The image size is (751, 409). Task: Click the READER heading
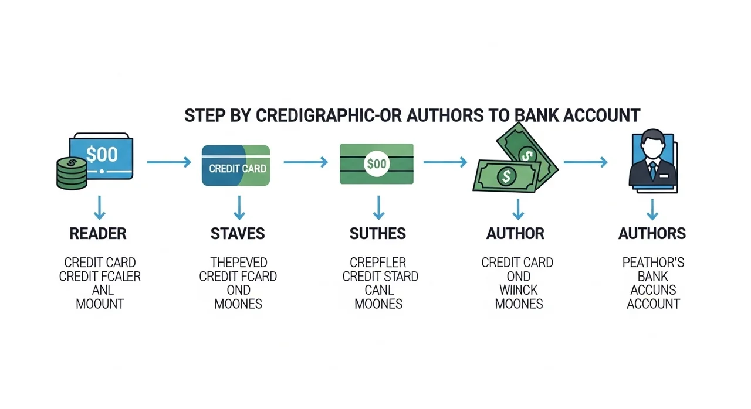[x=98, y=234]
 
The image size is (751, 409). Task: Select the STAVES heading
[x=238, y=234]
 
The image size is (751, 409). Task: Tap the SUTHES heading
[x=377, y=234]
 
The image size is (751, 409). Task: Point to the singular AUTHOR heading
[x=515, y=234]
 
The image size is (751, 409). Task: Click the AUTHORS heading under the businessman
[x=652, y=234]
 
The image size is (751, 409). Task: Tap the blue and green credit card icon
[x=236, y=166]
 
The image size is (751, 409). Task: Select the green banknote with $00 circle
[x=377, y=164]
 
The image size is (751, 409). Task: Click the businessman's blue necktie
[x=652, y=170]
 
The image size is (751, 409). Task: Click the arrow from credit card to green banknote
[x=305, y=162]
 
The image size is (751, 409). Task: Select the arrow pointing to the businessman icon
[x=585, y=162]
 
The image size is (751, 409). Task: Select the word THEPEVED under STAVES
[x=238, y=262]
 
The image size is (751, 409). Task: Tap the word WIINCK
[x=519, y=290]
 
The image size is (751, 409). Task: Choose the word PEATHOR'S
[x=653, y=262]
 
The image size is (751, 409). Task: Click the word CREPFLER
[x=378, y=262]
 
